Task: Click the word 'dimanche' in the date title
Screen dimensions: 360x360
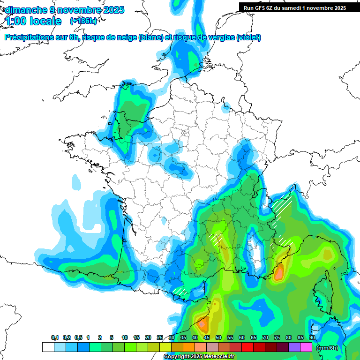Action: tap(23, 10)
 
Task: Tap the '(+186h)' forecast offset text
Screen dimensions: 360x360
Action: tap(83, 21)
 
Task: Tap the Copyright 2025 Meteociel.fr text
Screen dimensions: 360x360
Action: tap(199, 357)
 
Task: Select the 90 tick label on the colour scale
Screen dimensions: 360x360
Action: tap(312, 337)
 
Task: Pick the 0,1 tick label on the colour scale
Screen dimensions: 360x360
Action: tap(54, 337)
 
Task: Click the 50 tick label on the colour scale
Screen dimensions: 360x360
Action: tap(218, 337)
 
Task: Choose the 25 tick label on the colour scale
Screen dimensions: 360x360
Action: tap(160, 337)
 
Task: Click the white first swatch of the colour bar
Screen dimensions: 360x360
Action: tap(48, 347)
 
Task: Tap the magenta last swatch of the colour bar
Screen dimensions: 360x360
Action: tap(306, 347)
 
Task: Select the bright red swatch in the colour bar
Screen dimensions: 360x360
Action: tap(247, 347)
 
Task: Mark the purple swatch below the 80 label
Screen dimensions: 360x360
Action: tap(294, 347)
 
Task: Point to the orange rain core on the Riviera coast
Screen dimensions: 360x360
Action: tap(279, 273)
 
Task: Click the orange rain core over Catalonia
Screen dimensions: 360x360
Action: tap(202, 323)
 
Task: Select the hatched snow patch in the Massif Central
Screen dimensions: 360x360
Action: tap(216, 238)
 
